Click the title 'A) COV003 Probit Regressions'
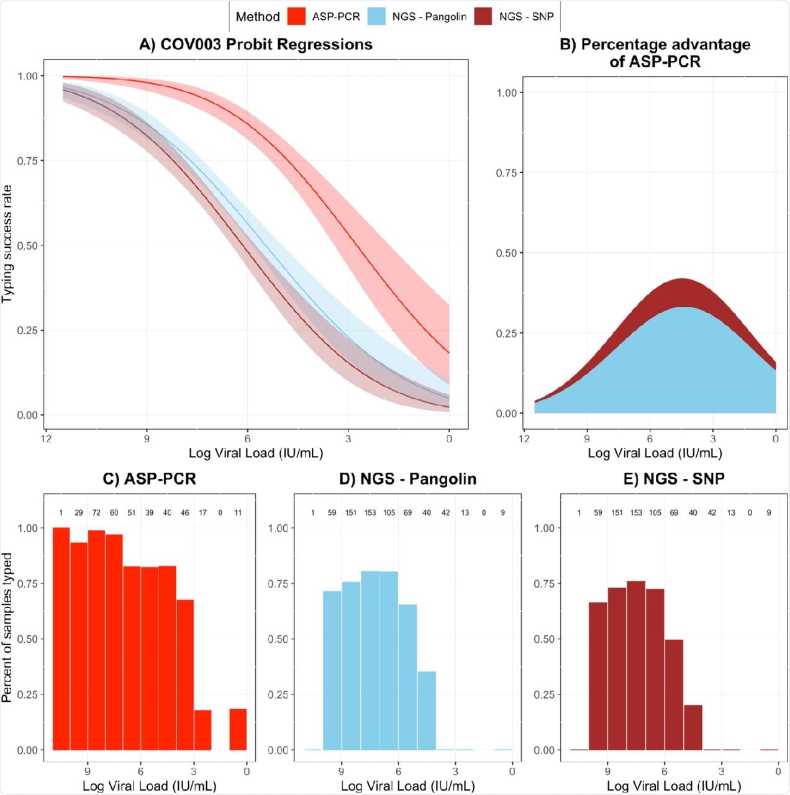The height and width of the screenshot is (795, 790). click(x=256, y=45)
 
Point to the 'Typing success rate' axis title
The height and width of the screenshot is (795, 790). click(x=7, y=244)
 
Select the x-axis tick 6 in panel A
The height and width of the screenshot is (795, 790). click(x=247, y=438)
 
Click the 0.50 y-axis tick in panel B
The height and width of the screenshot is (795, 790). click(x=506, y=253)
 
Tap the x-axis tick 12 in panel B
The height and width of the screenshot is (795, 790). click(x=525, y=438)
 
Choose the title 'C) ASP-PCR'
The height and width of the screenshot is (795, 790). click(x=149, y=479)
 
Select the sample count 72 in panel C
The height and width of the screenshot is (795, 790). click(x=96, y=513)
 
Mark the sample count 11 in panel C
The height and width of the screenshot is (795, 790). click(x=238, y=513)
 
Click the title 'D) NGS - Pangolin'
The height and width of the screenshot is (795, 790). click(x=407, y=479)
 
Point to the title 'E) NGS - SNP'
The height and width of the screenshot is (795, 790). click(x=674, y=479)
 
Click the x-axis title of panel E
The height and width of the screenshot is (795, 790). click(x=673, y=786)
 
